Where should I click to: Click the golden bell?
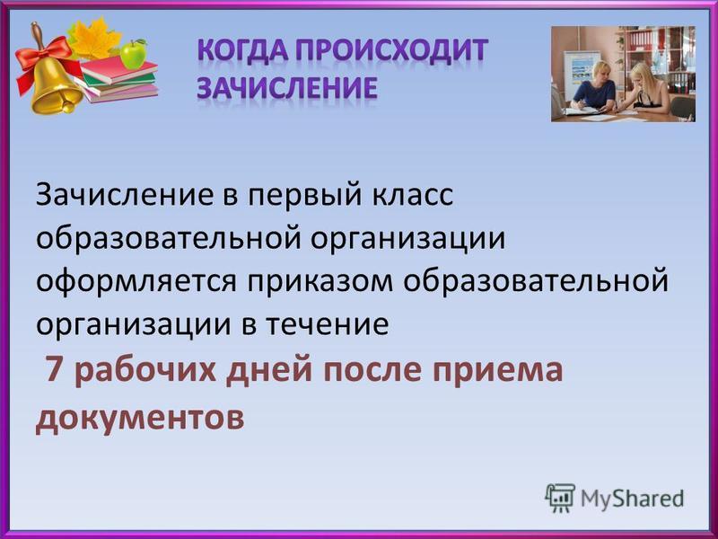point(53,83)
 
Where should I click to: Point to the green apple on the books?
point(134,54)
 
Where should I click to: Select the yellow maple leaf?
point(95,38)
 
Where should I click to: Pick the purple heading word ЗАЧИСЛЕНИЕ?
point(287,87)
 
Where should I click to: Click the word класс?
point(412,196)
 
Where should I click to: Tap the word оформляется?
point(136,281)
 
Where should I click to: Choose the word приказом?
point(320,282)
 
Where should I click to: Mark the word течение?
point(328,324)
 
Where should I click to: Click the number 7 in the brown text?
point(55,369)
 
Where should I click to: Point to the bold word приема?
point(498,370)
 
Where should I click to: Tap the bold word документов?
point(140,418)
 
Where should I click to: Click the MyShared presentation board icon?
point(559,498)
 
